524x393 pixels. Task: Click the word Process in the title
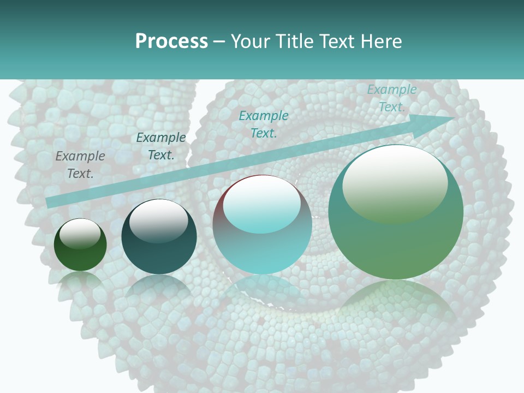point(171,41)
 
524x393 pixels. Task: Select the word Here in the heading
point(383,41)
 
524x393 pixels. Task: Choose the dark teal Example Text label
point(160,146)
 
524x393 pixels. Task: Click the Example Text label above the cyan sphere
point(264,124)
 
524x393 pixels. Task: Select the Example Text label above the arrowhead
point(391,98)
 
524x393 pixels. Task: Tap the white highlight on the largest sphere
point(395,180)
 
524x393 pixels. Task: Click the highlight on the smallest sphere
point(80,234)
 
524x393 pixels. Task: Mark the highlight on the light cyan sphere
point(262,205)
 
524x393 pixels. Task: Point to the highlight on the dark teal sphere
point(158,221)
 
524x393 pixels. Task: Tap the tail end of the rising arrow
point(52,201)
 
